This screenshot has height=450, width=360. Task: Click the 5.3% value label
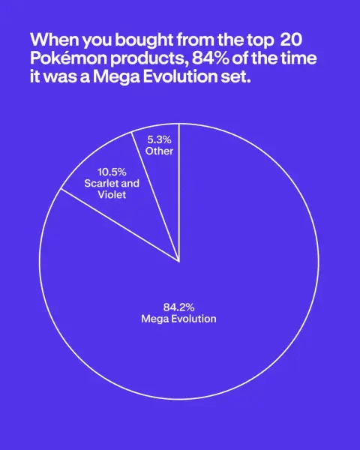click(x=159, y=139)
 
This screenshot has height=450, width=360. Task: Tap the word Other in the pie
click(x=159, y=151)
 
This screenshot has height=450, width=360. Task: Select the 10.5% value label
click(x=112, y=172)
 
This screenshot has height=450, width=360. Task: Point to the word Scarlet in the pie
click(x=99, y=184)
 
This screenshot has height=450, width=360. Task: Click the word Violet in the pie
click(x=112, y=195)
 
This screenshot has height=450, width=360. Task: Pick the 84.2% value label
click(x=178, y=307)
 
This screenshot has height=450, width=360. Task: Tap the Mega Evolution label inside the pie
click(x=178, y=319)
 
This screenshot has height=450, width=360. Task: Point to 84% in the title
click(x=210, y=58)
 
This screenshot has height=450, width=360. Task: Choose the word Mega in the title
click(x=116, y=78)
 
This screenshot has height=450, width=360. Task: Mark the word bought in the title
click(x=145, y=40)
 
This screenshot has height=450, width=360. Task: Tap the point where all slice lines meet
click(x=179, y=262)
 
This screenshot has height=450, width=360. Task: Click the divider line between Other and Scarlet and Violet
click(x=155, y=196)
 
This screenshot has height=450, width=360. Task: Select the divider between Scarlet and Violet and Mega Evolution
click(x=120, y=225)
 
